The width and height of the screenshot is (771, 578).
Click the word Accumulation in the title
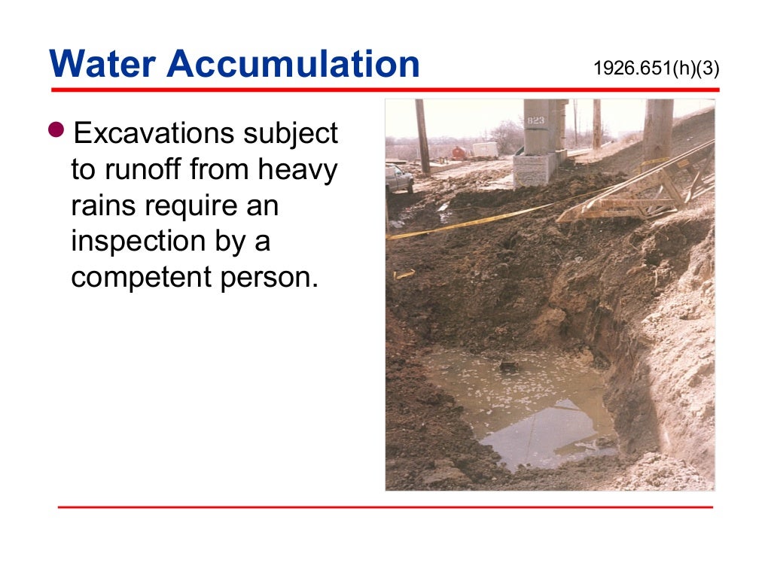click(294, 64)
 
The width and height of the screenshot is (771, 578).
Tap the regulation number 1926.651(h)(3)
click(656, 68)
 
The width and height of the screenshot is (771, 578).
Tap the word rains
click(102, 205)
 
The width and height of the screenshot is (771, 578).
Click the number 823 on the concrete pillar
click(536, 120)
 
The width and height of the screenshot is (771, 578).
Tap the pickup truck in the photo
click(398, 178)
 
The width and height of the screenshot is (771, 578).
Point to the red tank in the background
click(459, 152)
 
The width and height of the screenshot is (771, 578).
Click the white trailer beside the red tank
click(485, 150)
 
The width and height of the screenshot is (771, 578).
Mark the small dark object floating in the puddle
click(510, 367)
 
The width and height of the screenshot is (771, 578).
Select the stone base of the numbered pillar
click(535, 169)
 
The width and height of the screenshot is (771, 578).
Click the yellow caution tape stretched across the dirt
click(467, 223)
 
